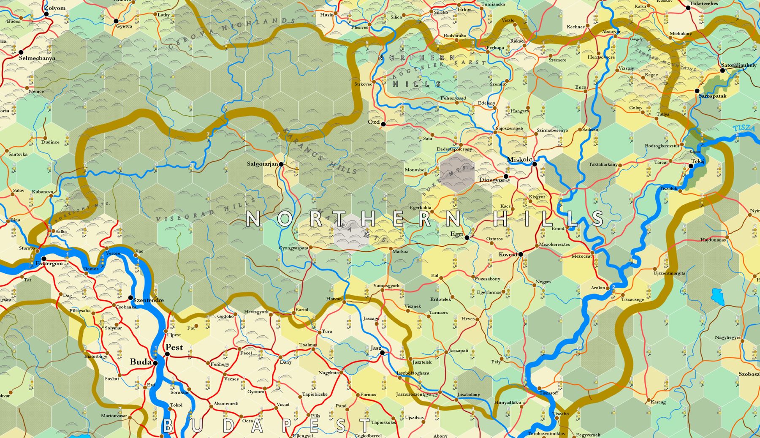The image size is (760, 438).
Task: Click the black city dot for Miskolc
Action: [x=535, y=164]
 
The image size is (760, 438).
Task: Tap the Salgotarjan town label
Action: [x=262, y=164]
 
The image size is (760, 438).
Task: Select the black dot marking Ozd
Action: [x=383, y=124]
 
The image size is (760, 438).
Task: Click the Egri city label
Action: [x=456, y=234]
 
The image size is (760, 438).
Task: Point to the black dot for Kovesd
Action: [x=521, y=254]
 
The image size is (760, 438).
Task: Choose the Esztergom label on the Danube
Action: [x=49, y=264]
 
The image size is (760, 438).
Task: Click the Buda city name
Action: [x=141, y=362]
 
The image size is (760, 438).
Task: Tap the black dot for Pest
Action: [x=167, y=354]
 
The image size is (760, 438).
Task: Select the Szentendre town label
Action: [x=148, y=300]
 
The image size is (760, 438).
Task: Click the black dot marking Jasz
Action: [x=382, y=353]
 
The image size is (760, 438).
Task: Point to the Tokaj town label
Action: [x=698, y=161]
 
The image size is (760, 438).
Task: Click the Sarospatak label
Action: [x=712, y=96]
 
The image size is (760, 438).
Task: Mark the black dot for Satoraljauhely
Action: [x=722, y=71]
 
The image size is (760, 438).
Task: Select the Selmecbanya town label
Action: [x=37, y=58]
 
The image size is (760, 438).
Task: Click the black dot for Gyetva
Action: [x=116, y=21]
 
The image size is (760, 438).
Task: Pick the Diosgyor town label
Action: [x=491, y=180]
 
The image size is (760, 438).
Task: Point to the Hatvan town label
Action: [x=334, y=299]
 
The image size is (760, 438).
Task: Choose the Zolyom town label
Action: [x=55, y=8]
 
